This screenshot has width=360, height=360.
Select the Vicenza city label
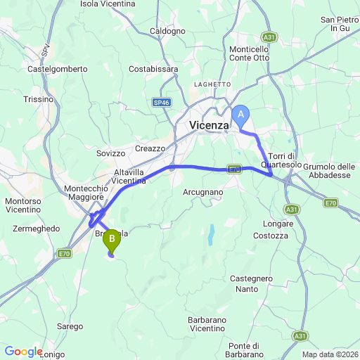[210, 125]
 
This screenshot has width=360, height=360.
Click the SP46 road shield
[162, 103]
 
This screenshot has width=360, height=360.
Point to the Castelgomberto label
[57, 69]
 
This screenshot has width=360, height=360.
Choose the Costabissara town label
[153, 69]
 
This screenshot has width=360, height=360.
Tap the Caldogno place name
[168, 31]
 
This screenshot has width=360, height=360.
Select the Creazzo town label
[150, 148]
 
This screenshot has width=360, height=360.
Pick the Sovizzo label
[110, 153]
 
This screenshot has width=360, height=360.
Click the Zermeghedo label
[36, 229]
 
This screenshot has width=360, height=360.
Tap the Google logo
[23, 352]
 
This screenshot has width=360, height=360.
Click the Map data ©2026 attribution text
[329, 354]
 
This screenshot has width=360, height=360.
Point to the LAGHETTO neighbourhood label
[213, 84]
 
